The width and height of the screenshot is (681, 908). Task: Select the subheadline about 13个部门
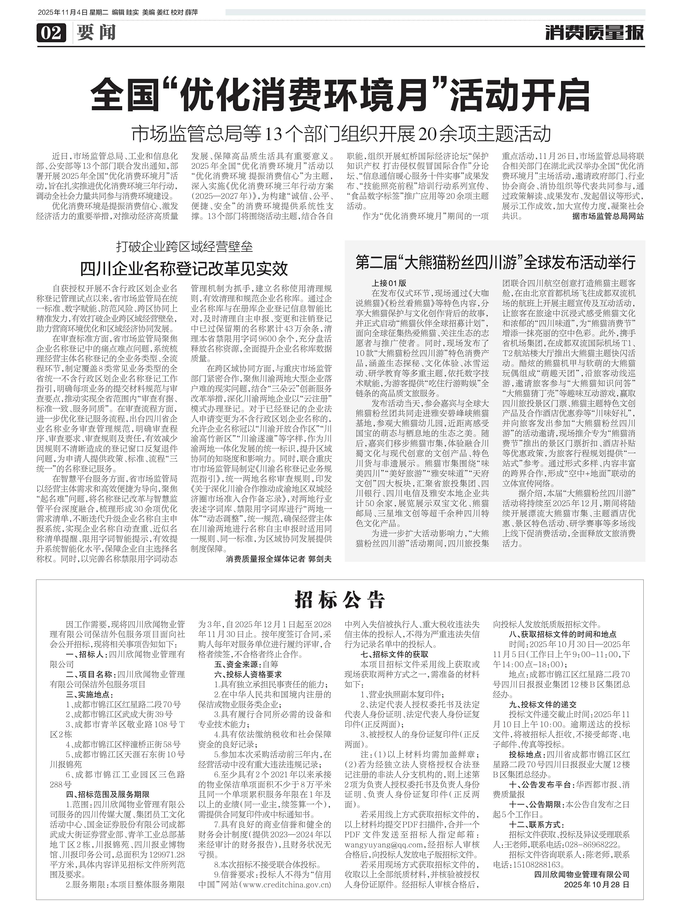[340, 134]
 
